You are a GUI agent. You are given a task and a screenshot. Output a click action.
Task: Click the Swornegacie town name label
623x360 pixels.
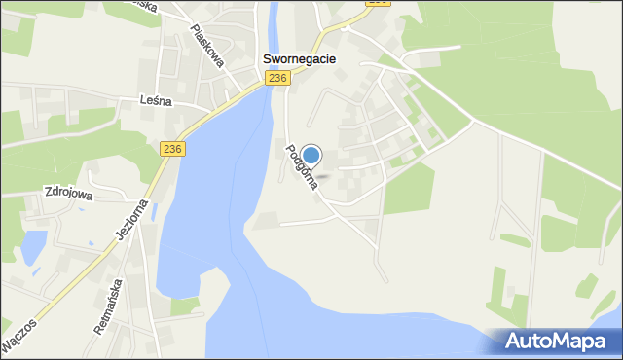[x=300, y=59]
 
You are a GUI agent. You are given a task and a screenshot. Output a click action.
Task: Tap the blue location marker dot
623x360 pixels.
[x=311, y=155]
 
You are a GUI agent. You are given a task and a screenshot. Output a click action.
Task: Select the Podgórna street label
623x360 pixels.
[x=301, y=166]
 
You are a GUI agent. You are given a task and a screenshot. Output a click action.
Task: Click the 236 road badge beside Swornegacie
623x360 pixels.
[x=278, y=78]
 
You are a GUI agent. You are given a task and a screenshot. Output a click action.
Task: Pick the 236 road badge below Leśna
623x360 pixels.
[x=172, y=148]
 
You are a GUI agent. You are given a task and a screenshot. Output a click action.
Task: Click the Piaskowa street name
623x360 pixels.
[x=207, y=45]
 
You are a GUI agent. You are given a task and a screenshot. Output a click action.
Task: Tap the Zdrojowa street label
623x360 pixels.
[x=67, y=193]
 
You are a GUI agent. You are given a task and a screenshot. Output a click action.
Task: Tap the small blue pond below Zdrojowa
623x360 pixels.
[x=32, y=246]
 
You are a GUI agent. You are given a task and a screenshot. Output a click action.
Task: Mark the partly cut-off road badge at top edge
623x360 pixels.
[x=378, y=3]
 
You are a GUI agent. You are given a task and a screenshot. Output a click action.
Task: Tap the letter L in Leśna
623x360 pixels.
[x=143, y=100]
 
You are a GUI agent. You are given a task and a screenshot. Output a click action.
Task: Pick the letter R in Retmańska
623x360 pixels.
[x=98, y=329]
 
